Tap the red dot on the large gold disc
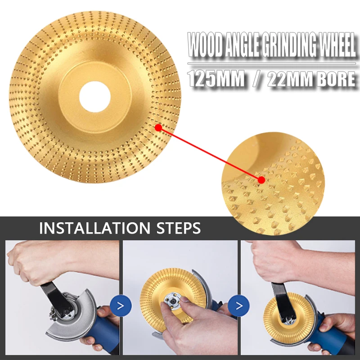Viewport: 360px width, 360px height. pos(158,128)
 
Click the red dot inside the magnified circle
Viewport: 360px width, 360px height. pos(261,180)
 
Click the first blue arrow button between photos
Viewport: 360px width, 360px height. pos(121,306)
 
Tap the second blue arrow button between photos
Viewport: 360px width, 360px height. pos(238,306)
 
